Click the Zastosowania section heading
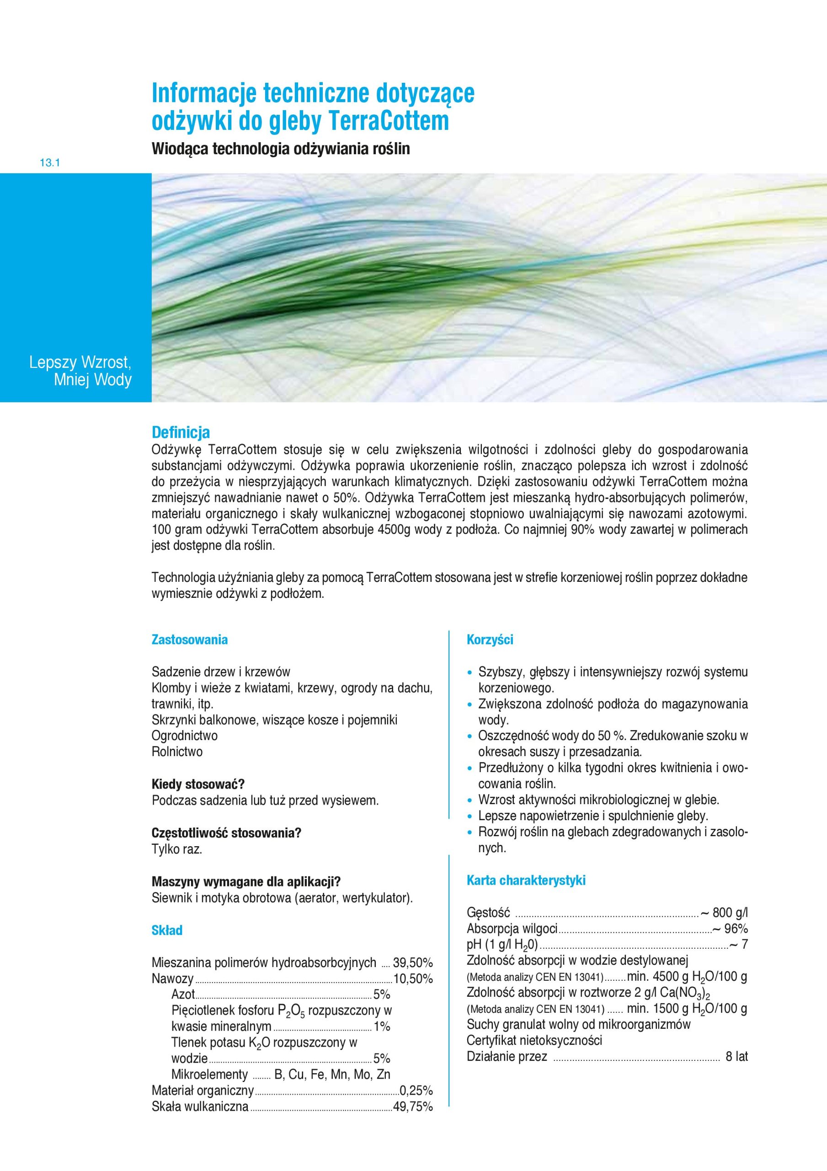pyautogui.click(x=189, y=639)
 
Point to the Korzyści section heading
pyautogui.click(x=490, y=639)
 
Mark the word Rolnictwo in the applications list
pyautogui.click(x=177, y=752)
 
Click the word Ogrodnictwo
pyautogui.click(x=185, y=736)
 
